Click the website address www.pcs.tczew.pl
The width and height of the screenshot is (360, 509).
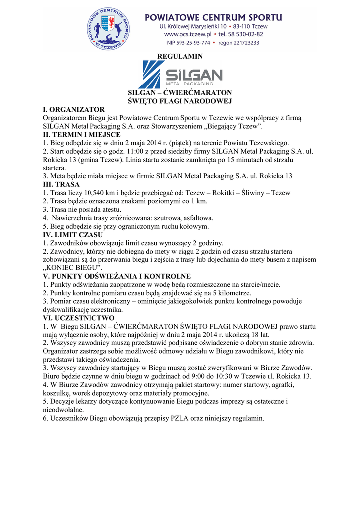pyautogui.click(x=186, y=34)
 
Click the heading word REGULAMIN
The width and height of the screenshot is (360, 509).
pyautogui.click(x=180, y=56)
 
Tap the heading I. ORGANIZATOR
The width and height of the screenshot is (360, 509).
pyautogui.click(x=74, y=109)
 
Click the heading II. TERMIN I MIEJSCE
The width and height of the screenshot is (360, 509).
pyautogui.click(x=82, y=134)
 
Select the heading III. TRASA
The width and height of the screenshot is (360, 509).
pyautogui.click(x=61, y=184)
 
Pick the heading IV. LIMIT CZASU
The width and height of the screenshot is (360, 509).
pyautogui.click(x=73, y=234)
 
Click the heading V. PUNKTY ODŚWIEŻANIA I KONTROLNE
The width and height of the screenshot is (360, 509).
pyautogui.click(x=117, y=276)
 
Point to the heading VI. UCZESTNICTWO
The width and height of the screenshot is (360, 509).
pyautogui.click(x=79, y=318)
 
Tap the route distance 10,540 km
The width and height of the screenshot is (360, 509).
pyautogui.click(x=93, y=193)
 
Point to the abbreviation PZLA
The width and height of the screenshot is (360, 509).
pyautogui.click(x=181, y=418)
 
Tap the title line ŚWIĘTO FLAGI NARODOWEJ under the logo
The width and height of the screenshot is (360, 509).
pyautogui.click(x=180, y=101)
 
